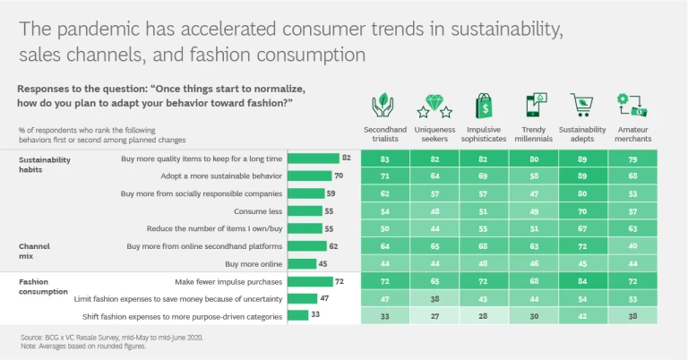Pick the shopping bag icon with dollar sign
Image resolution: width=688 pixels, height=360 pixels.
coord(484,106)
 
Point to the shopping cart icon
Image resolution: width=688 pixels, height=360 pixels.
coord(581,107)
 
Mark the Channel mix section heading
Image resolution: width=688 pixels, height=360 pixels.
coord(32,250)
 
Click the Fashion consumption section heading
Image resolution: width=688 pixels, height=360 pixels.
coord(43,286)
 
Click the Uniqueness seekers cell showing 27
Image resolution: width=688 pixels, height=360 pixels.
coord(434,315)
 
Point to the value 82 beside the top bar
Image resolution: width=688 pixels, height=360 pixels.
coord(345,159)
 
